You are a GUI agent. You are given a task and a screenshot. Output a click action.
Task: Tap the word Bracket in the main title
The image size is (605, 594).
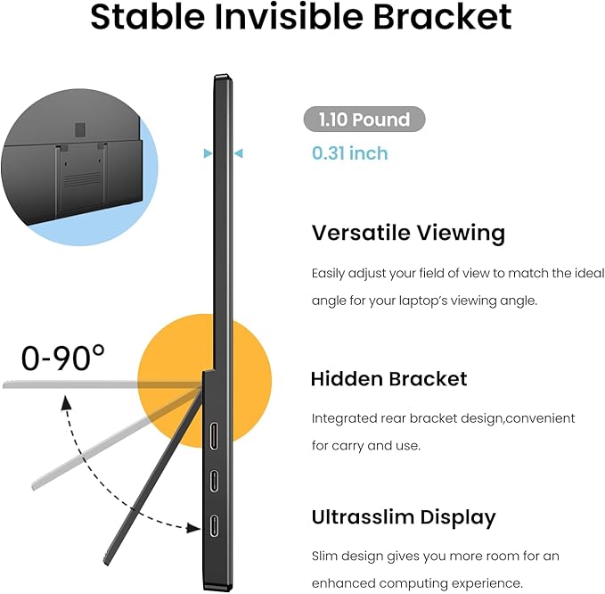[446, 17]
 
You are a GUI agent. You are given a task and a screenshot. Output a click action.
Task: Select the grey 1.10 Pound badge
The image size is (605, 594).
[364, 120]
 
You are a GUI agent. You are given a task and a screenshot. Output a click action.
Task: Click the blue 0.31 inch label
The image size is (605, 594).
[349, 153]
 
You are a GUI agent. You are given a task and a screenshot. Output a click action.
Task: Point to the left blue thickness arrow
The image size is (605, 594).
[208, 153]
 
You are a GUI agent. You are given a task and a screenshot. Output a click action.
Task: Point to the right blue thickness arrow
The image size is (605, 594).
[238, 153]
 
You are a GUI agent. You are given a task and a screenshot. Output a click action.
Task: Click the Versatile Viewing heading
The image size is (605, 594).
[408, 233]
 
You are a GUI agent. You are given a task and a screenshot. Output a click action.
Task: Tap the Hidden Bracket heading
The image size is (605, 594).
[388, 379]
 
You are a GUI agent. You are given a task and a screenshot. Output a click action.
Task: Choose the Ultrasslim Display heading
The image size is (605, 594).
[404, 517]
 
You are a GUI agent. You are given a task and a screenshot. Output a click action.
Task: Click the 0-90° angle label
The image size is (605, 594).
[63, 358]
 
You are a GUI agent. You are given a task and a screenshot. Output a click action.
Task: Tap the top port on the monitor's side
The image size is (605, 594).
[215, 436]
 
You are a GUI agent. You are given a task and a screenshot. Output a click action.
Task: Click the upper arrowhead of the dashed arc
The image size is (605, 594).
[65, 403]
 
